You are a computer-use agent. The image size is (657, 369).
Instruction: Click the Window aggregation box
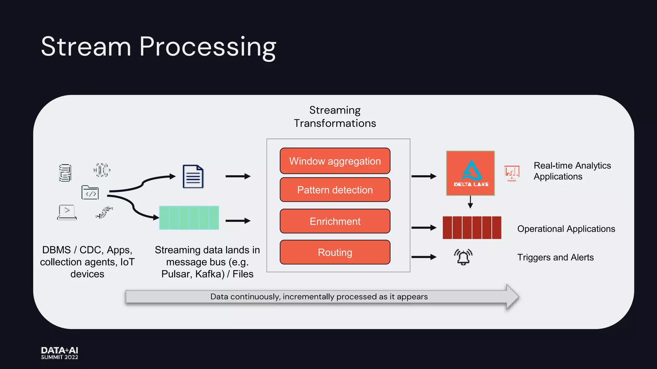pyautogui.click(x=335, y=161)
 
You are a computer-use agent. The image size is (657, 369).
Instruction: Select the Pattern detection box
pyautogui.click(x=335, y=190)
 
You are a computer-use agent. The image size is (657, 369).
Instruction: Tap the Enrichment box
pyautogui.click(x=335, y=221)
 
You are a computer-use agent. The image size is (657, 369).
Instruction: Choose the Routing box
pyautogui.click(x=335, y=252)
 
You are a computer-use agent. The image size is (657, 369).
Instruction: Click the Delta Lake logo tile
pyautogui.click(x=470, y=173)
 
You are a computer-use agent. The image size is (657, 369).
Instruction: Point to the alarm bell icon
pyautogui.click(x=463, y=257)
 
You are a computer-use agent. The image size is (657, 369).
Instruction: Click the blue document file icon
pyautogui.click(x=193, y=176)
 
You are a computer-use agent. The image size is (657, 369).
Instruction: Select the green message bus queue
pyautogui.click(x=189, y=218)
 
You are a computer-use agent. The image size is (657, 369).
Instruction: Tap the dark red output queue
pyautogui.click(x=472, y=228)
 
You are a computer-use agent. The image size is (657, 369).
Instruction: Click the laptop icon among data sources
pyautogui.click(x=67, y=212)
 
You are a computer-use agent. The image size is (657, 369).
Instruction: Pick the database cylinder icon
pyautogui.click(x=65, y=173)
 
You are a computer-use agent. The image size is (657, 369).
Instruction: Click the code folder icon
pyautogui.click(x=90, y=193)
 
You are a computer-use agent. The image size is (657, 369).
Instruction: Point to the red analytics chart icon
pyautogui.click(x=512, y=173)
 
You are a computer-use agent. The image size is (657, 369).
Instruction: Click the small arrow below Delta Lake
pyautogui.click(x=470, y=202)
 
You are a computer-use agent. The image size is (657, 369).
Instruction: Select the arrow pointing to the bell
pyautogui.click(x=424, y=257)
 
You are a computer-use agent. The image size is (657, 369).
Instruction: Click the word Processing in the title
pyautogui.click(x=207, y=47)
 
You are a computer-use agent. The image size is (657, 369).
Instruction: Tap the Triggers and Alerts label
pyautogui.click(x=555, y=258)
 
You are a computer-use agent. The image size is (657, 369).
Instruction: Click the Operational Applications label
pyautogui.click(x=566, y=229)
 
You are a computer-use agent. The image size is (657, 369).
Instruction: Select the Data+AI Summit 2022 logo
pyautogui.click(x=60, y=353)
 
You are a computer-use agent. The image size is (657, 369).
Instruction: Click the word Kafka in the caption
pyautogui.click(x=209, y=274)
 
